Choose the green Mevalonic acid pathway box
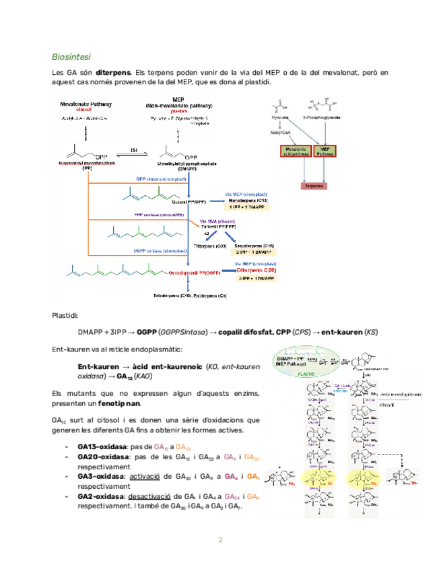[x=296, y=152]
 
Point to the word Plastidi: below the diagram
[x=65, y=315]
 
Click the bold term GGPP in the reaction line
[x=146, y=332]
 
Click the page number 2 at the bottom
[x=220, y=541]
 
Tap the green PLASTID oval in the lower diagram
[x=309, y=371]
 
